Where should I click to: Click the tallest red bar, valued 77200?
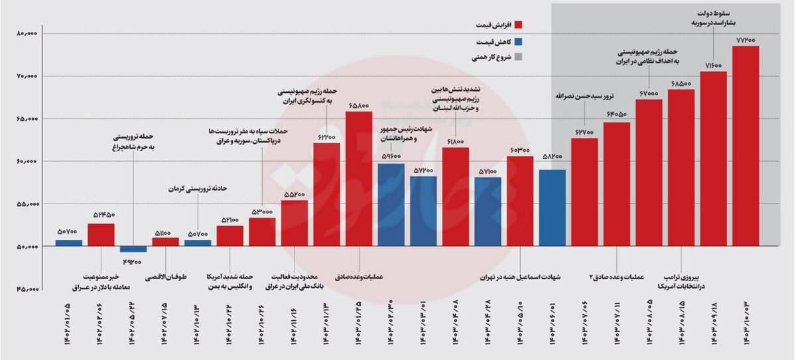point(746,146)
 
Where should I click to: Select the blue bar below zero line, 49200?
point(133,249)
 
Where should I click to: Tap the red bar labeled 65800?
point(359,179)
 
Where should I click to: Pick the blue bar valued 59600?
point(391,205)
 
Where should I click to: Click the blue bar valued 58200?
point(553,208)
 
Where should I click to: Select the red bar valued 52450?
point(101,235)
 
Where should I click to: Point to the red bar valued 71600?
point(714,159)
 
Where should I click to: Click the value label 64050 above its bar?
point(616,115)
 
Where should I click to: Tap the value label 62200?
point(326,137)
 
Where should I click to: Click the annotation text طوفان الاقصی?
point(165,274)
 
